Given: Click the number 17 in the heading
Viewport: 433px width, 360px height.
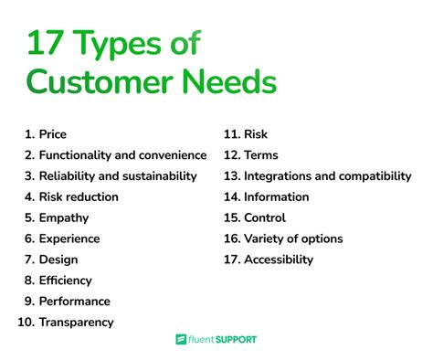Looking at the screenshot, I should click(46, 42).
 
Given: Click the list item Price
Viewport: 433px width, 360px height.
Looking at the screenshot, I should click(53, 134).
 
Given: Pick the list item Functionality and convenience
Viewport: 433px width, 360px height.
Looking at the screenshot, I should click(122, 155).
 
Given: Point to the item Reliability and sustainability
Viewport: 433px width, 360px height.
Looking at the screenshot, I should click(118, 175).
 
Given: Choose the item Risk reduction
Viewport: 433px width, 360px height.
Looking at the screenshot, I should click(79, 196).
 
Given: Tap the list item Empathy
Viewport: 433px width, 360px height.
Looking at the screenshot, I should click(63, 217).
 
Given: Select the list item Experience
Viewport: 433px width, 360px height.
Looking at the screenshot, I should click(69, 238).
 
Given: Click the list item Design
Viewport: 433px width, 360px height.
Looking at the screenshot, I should click(58, 259).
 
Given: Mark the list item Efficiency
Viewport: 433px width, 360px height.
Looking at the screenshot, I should click(65, 281).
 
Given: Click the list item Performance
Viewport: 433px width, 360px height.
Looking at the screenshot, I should click(74, 301).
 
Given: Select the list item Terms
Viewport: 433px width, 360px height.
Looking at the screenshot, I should click(261, 155).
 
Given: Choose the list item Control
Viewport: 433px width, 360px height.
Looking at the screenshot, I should click(265, 217).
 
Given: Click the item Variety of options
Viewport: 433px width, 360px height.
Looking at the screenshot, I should click(293, 238).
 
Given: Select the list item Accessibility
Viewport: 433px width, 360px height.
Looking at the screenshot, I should click(279, 259).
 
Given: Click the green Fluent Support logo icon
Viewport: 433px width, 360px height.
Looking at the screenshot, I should click(182, 340).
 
